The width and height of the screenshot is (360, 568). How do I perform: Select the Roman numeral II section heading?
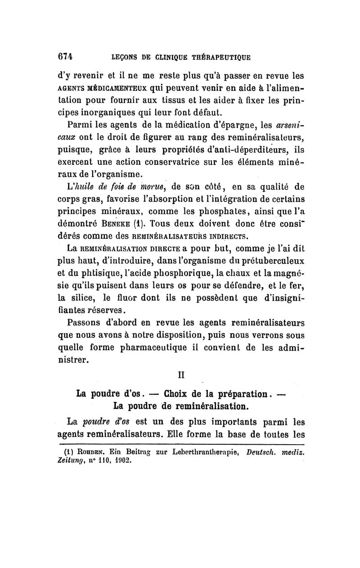tap(180, 374)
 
